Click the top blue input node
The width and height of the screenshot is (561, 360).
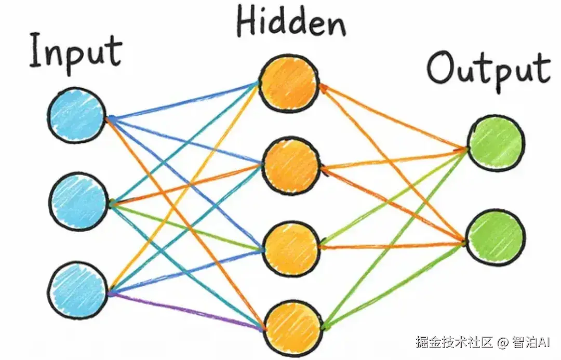pos(77,116)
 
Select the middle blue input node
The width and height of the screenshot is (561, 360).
pos(79,201)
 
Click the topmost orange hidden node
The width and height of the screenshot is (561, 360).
pos(289,84)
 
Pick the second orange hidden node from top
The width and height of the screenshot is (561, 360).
pos(291,166)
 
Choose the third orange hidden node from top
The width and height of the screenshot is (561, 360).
pos(291,249)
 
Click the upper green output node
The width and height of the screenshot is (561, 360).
pos(496,143)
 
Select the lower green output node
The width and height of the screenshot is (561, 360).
pos(496,238)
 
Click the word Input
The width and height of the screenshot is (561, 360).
pos(76,52)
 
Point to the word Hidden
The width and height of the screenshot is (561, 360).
pos(291,22)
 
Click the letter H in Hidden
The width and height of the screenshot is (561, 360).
pos(248,21)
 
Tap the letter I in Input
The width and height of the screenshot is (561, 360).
pos(36,50)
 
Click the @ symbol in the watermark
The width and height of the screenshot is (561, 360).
pos(502,342)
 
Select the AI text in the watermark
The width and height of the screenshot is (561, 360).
pos(544,342)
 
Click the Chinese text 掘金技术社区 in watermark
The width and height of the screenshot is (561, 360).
pos(455,342)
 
